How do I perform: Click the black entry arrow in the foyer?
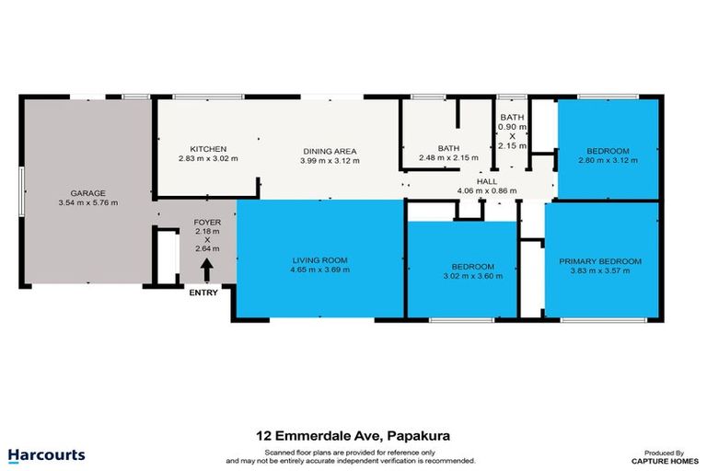pos(206,270)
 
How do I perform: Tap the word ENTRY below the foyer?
pos(203,293)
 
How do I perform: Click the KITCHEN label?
pos(208,150)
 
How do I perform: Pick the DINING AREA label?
pos(330,151)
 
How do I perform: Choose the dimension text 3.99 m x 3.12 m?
pos(330,160)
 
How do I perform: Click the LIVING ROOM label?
pos(319,260)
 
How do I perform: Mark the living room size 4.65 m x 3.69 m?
pos(319,270)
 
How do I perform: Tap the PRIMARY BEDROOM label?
pos(600,261)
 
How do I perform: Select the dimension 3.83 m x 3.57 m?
pos(600,271)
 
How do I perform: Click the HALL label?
pos(486,181)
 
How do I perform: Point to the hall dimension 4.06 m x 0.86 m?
pos(486,191)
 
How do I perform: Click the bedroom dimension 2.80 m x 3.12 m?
pos(608,160)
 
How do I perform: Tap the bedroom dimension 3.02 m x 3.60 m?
pos(473,275)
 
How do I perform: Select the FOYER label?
pos(206,224)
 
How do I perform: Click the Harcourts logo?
pos(46,454)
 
